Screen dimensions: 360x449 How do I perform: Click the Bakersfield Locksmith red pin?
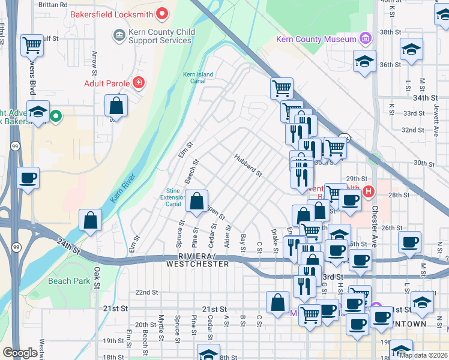click(x=161, y=13)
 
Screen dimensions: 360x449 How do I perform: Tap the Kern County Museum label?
click(x=316, y=39)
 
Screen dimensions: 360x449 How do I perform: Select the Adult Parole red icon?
click(x=139, y=82)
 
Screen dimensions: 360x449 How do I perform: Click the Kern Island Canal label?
click(x=198, y=77)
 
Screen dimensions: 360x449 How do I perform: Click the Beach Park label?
click(x=69, y=281)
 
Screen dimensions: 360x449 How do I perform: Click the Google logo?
click(x=20, y=353)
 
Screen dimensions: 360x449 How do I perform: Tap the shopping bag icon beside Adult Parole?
click(x=116, y=106)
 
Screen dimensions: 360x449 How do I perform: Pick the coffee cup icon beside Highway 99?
click(x=28, y=178)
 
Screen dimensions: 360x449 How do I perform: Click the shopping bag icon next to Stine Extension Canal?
click(x=196, y=202)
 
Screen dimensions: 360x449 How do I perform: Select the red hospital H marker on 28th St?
click(x=369, y=192)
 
